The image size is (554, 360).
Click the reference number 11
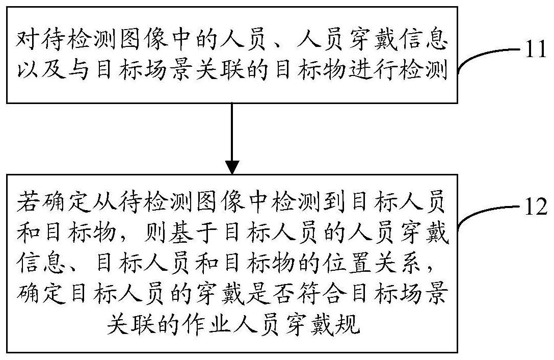535,49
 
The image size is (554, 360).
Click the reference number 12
535,207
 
